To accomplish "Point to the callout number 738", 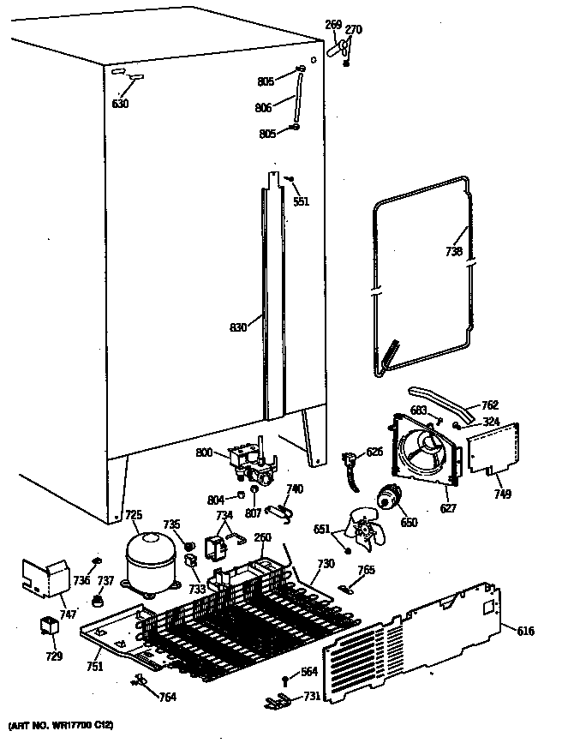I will tap(454, 252).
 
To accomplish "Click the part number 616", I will tap(525, 631).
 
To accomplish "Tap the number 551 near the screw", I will tap(301, 202).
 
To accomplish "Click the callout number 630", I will tap(121, 104).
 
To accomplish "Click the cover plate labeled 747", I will tap(48, 579).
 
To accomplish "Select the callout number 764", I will tap(168, 697).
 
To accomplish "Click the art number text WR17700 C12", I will tap(60, 727).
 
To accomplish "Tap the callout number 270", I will tap(353, 30).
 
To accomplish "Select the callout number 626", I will tap(374, 452).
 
